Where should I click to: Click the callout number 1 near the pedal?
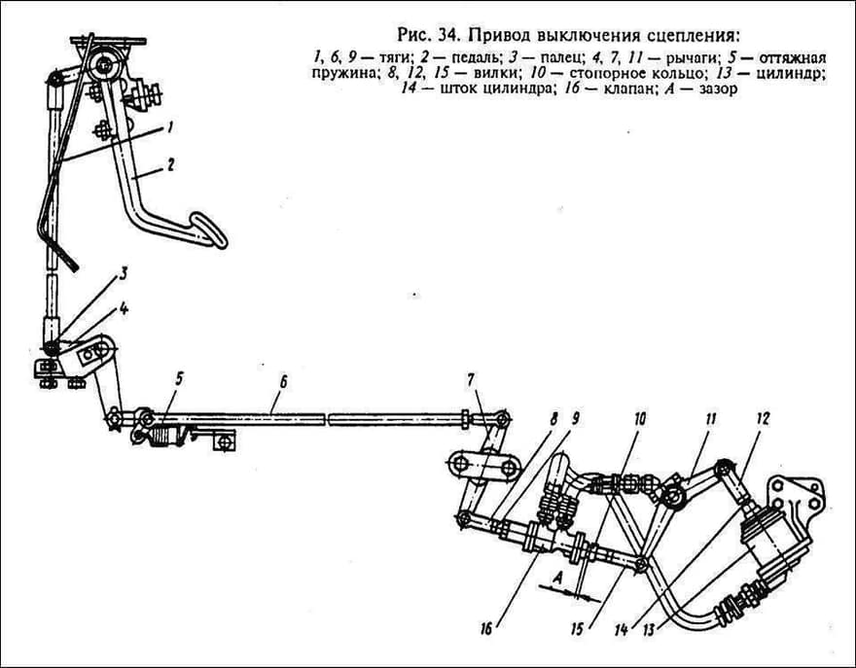(170, 127)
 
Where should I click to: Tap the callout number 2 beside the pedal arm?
(170, 164)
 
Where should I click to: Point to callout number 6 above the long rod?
(282, 381)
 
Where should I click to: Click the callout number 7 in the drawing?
(470, 380)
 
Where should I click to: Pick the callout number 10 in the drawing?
(640, 418)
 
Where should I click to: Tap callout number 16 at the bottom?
(486, 629)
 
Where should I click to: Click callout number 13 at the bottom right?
(649, 630)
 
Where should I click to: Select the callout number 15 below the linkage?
(578, 629)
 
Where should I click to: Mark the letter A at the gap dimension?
(557, 579)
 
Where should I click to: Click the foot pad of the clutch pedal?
(207, 229)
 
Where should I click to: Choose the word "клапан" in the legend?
(630, 88)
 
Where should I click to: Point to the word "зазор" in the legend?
(718, 88)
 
